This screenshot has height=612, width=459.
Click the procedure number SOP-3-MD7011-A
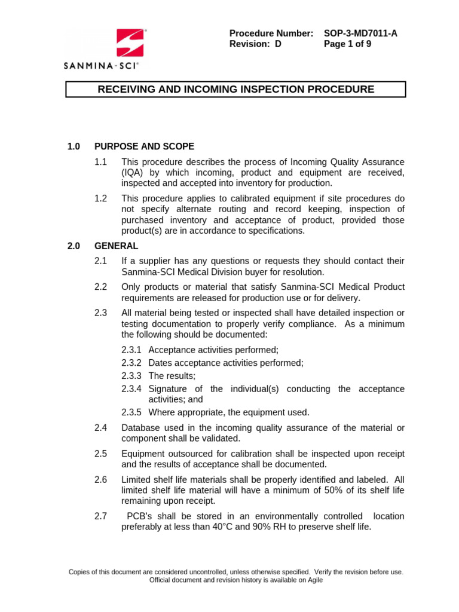360,33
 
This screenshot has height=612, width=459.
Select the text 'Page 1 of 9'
348,44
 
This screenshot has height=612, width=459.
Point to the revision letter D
278,44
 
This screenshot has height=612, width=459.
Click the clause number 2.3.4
131,389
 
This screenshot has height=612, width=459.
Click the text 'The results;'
172,376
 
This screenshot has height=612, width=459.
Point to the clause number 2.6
100,479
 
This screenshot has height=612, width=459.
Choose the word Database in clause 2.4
141,427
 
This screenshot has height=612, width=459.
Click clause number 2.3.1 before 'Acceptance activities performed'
131,350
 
